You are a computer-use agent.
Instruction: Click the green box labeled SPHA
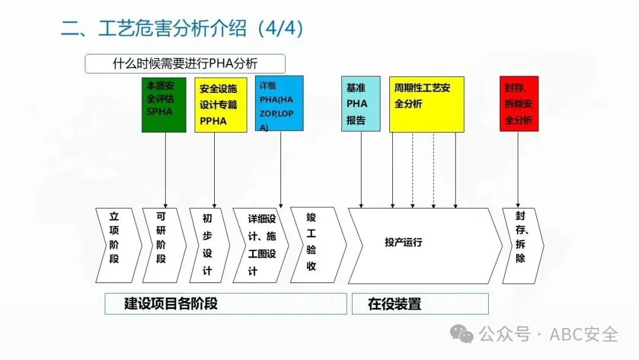coord(164,104)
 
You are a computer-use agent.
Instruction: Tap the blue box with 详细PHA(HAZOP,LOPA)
coord(279,103)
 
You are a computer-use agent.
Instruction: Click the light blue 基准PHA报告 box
coord(361,104)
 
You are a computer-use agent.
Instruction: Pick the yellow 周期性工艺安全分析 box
coord(426,104)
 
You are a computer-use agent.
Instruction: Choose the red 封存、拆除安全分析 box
coord(519,104)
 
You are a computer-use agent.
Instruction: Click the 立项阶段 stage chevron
coord(116,245)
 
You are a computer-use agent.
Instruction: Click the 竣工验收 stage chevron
coord(314,245)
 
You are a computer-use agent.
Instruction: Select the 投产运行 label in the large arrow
coord(404,242)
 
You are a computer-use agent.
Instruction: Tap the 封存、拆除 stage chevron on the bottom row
coord(521,245)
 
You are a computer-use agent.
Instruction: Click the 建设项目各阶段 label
coord(172,304)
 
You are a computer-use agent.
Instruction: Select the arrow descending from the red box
coord(518,169)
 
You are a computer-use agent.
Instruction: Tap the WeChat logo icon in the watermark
coord(461,335)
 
